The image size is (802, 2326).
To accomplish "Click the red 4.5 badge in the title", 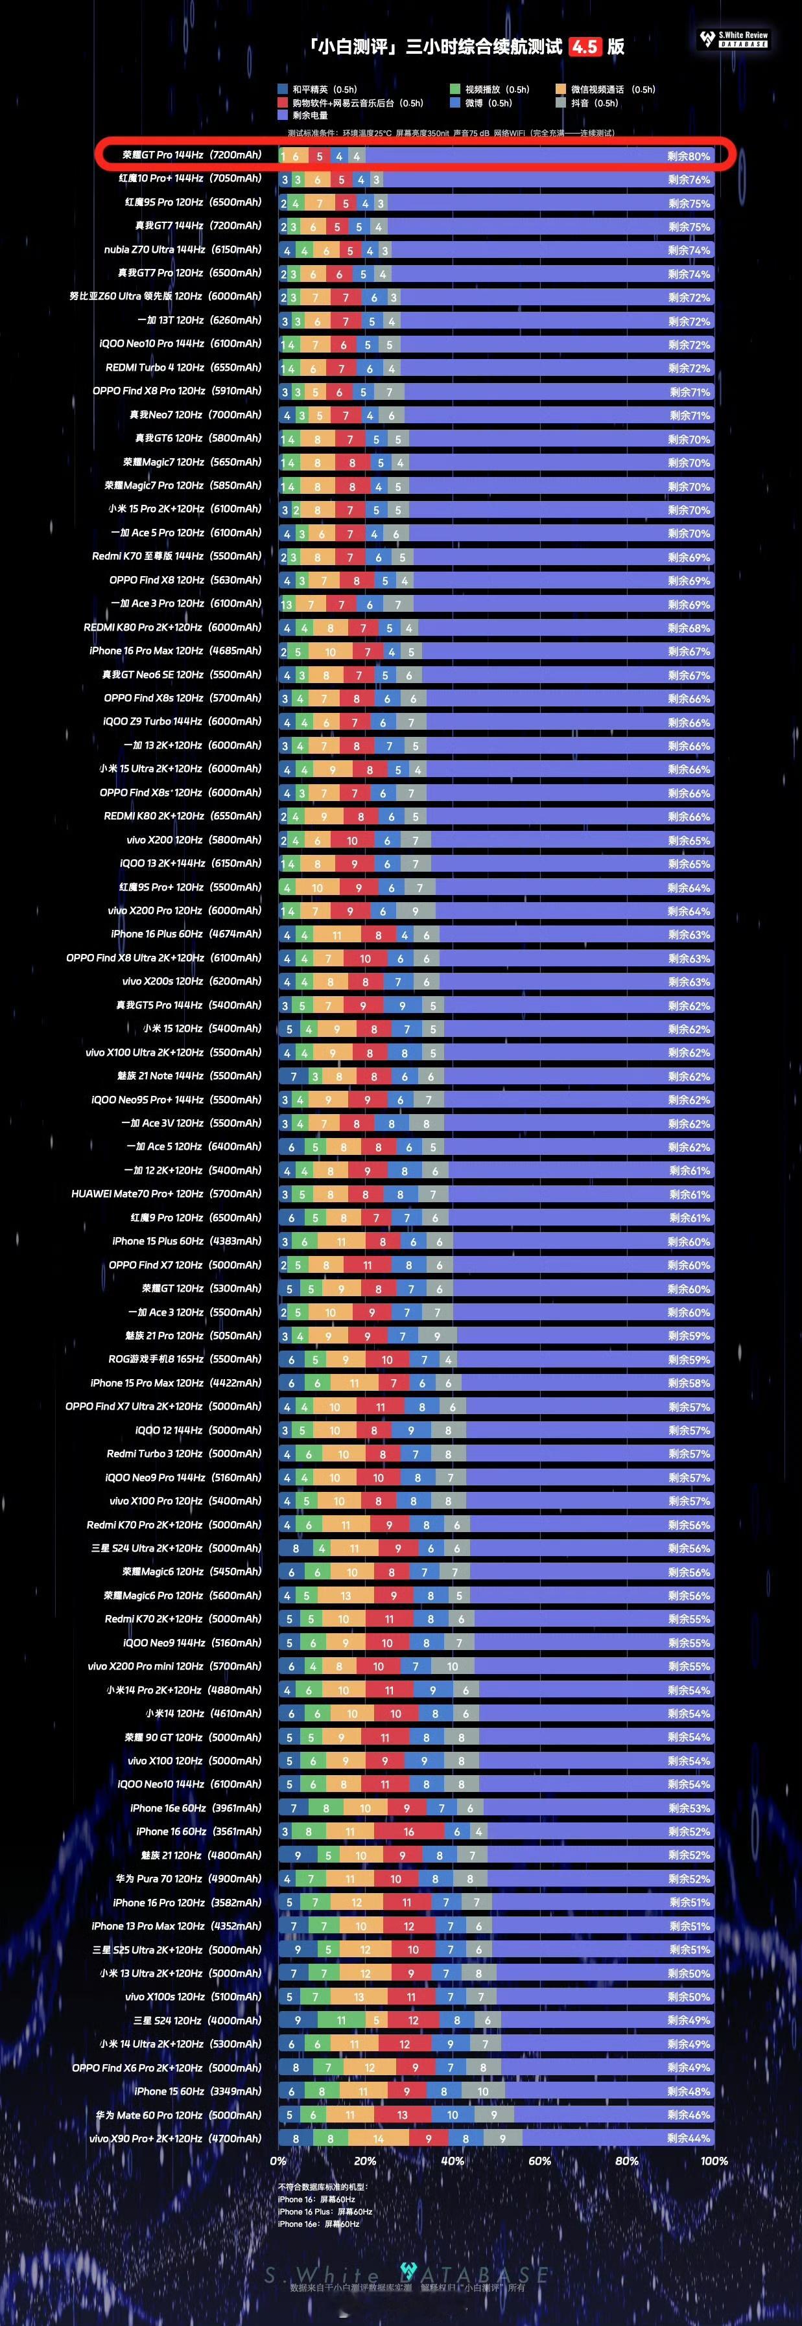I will (584, 46).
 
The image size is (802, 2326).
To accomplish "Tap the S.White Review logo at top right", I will (735, 39).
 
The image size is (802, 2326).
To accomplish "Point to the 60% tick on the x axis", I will (539, 2161).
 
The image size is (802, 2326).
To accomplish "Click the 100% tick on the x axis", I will (713, 2161).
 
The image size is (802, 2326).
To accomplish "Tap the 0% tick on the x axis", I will (278, 2161).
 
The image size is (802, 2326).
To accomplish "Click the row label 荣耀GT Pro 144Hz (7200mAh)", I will (191, 156).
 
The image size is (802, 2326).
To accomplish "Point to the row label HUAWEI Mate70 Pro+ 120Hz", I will (166, 1194).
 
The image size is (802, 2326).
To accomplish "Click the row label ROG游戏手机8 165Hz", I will (184, 1359).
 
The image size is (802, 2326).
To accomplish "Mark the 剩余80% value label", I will (688, 156).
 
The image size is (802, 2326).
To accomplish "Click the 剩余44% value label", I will (688, 2138).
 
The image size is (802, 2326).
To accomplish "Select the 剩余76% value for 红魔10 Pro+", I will (688, 180).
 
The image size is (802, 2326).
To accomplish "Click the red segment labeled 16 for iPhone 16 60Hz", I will (409, 1832).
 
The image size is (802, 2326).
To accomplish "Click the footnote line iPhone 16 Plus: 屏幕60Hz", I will (325, 2211).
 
